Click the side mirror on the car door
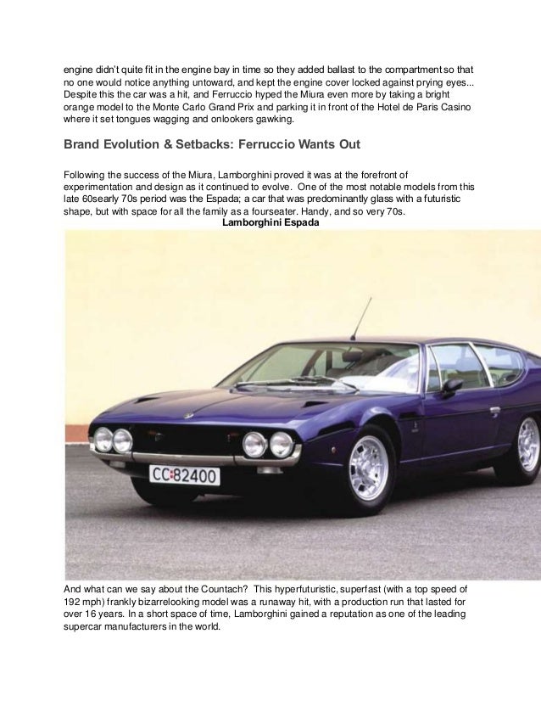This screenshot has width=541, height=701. point(452,388)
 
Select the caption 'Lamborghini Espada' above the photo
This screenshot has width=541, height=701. point(265,223)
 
